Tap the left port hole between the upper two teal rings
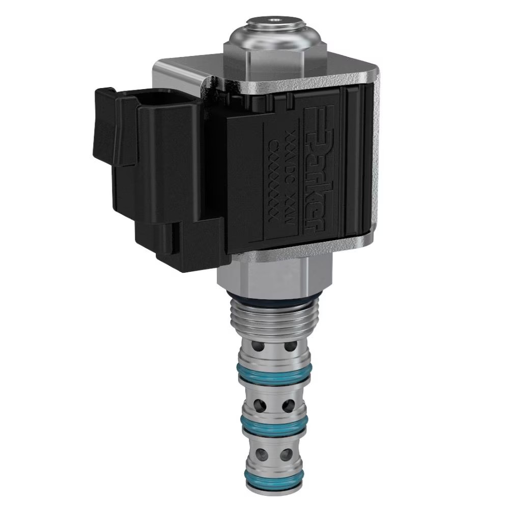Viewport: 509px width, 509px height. pos(260,406)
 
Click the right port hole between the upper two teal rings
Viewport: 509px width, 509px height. pos(288,406)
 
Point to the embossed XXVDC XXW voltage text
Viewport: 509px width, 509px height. pos(289,173)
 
